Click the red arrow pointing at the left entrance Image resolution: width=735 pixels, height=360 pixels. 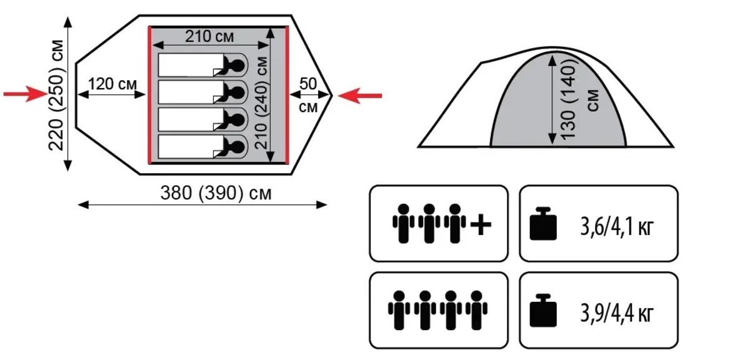24,94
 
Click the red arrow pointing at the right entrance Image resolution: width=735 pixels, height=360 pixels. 361,95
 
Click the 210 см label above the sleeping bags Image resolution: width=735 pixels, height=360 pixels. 209,36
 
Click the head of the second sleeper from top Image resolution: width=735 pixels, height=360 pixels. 237,92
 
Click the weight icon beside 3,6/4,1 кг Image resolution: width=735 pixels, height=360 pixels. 542,224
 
